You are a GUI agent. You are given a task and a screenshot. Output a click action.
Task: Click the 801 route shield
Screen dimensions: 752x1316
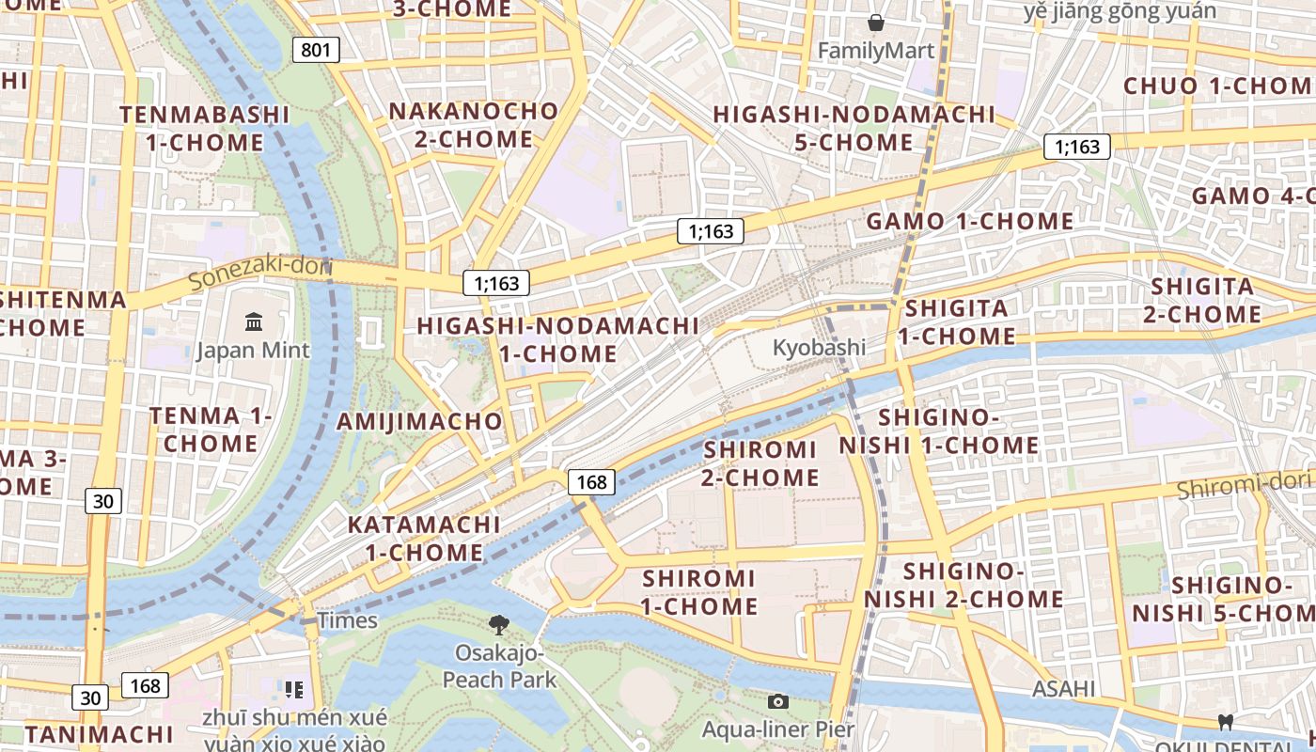click(316, 49)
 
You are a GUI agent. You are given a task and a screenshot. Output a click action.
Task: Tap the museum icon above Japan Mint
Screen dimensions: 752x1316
click(254, 321)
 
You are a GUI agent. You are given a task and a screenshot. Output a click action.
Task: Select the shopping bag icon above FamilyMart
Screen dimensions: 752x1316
click(876, 23)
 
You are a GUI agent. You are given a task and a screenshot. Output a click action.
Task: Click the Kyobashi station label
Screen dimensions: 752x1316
click(819, 347)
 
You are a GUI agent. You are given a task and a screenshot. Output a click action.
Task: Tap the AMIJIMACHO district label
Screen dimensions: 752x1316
click(420, 420)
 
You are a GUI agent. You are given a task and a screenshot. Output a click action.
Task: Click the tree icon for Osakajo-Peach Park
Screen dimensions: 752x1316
click(499, 623)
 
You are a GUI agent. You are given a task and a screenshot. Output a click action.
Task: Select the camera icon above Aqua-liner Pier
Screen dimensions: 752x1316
click(777, 701)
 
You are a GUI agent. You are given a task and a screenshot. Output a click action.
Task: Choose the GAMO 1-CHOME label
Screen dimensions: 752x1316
click(970, 222)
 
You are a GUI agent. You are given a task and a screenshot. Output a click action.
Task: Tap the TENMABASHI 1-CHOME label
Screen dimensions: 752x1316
click(205, 129)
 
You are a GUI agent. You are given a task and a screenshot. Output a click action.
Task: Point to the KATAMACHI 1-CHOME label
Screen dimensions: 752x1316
click(425, 538)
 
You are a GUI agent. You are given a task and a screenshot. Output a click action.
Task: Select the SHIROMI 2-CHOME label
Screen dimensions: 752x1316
click(760, 463)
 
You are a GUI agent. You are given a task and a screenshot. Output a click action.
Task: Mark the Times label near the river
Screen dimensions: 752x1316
click(348, 620)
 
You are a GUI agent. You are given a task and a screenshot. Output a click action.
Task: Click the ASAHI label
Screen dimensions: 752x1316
click(1064, 689)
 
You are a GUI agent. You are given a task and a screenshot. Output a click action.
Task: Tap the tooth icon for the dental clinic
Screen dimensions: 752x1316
click(1224, 722)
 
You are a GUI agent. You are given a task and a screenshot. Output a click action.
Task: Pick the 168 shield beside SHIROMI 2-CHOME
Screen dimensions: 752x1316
click(591, 482)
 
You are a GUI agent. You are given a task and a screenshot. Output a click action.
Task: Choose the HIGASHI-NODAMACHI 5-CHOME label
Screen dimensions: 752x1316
click(854, 128)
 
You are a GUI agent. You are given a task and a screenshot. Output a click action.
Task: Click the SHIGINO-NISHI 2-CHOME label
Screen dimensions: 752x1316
click(963, 585)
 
